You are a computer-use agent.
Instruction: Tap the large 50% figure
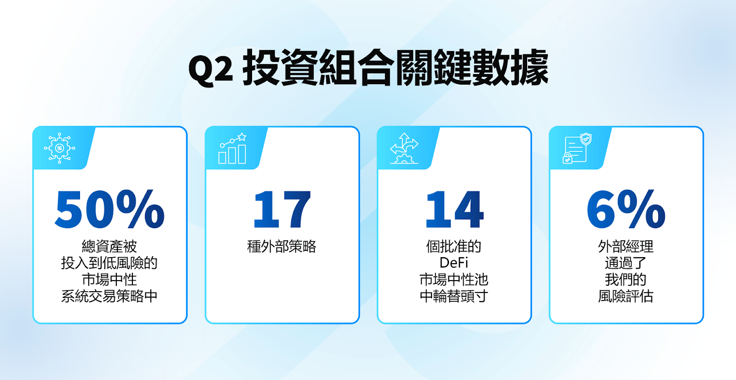tap(109, 209)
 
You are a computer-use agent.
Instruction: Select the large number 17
tap(282, 209)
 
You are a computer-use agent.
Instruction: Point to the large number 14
tap(454, 209)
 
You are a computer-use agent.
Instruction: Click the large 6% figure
tap(626, 209)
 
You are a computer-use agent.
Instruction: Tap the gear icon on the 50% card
tap(59, 148)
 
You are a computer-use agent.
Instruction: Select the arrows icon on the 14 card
tap(404, 148)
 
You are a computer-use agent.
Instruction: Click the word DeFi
tap(454, 263)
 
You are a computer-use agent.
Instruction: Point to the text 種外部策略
tap(282, 246)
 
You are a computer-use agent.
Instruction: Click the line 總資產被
tap(109, 246)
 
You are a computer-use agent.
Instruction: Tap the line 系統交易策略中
tap(109, 296)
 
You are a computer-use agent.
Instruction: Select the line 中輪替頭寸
tap(454, 296)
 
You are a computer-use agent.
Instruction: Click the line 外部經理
tap(626, 246)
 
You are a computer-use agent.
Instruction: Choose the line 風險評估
tap(626, 296)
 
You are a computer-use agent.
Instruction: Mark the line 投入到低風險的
tap(109, 263)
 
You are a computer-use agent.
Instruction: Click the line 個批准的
tap(454, 246)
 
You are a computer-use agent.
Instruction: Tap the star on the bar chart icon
tap(242, 137)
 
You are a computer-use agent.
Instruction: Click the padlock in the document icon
tap(567, 158)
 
